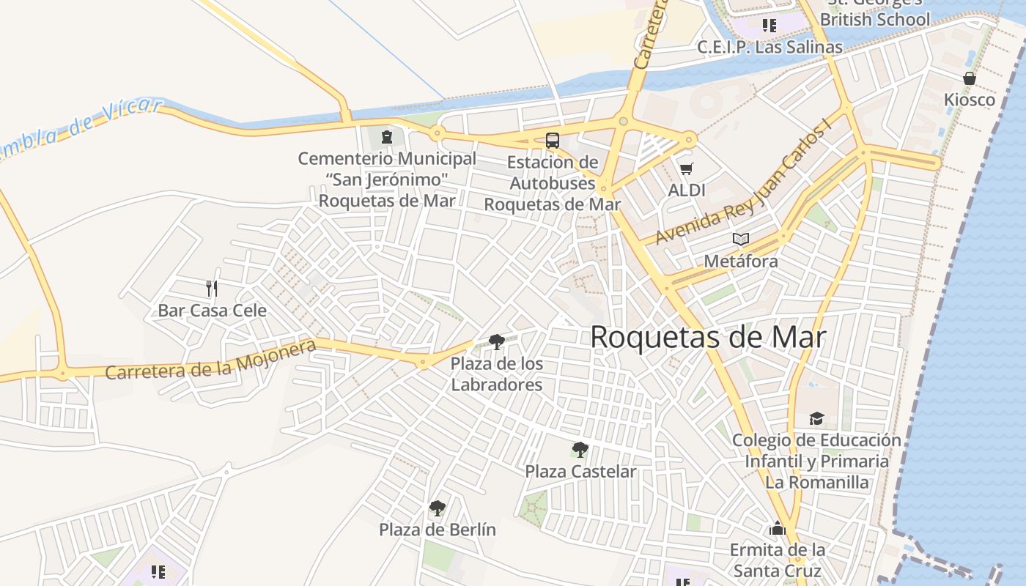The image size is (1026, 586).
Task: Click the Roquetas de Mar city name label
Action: [x=708, y=338]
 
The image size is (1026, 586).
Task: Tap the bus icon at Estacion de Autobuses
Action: [x=553, y=140]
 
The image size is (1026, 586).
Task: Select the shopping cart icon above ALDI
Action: [x=687, y=169]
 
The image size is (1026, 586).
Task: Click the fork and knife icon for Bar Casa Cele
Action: [x=212, y=288]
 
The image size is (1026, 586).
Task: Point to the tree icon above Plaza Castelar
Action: [x=580, y=449]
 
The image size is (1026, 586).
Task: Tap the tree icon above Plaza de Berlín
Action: [x=438, y=508]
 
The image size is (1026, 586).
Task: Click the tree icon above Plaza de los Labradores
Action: [x=496, y=341]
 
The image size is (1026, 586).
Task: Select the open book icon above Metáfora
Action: [x=741, y=239]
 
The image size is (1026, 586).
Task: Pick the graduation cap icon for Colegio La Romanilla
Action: [x=816, y=418]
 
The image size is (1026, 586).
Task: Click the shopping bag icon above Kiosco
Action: [x=969, y=78]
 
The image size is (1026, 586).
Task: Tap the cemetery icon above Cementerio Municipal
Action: [x=386, y=136]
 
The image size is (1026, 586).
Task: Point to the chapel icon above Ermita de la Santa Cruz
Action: [x=778, y=528]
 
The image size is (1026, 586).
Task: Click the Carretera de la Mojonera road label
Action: [x=211, y=360]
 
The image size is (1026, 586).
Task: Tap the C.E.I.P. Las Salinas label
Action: [x=769, y=47]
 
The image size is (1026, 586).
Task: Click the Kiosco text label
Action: [x=969, y=100]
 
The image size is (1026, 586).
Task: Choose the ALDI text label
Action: [x=687, y=190]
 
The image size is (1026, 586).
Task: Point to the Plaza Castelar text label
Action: [x=580, y=471]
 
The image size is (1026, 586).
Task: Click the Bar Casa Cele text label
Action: [x=213, y=310]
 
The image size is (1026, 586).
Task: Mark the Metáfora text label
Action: [x=741, y=261]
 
